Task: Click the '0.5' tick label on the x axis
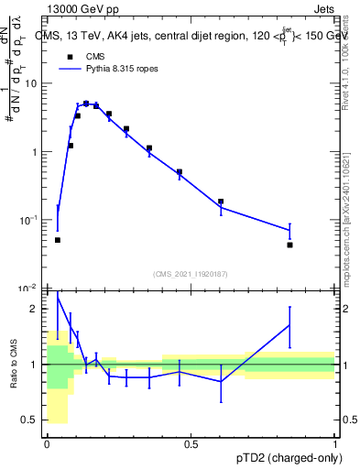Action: pos(191,444)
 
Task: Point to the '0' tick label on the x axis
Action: pos(47,444)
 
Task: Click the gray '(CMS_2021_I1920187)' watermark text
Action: pos(190,273)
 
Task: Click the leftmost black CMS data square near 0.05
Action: pos(58,240)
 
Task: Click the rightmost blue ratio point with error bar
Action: pos(289,324)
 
